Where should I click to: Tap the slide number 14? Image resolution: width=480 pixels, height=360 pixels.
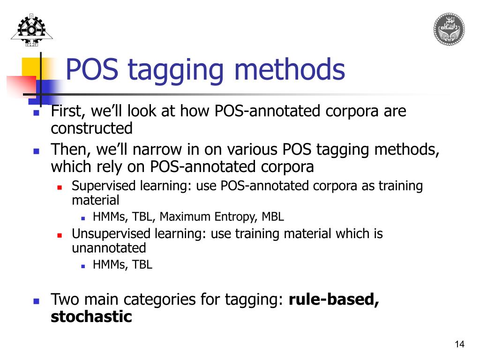pos(459,345)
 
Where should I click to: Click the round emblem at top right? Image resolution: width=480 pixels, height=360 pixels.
pos(449,29)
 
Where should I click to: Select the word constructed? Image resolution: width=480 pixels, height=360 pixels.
pos(91,128)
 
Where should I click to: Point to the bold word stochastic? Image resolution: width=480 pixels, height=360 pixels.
pos(91,316)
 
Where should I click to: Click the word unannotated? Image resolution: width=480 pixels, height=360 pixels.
pos(109,247)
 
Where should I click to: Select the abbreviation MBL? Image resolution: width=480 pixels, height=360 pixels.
pos(273,217)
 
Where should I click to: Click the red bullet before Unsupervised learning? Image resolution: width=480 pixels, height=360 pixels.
pos(60,234)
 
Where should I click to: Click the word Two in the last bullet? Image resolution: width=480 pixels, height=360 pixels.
pos(62,299)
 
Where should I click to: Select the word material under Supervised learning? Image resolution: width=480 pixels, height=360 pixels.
pos(95,200)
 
